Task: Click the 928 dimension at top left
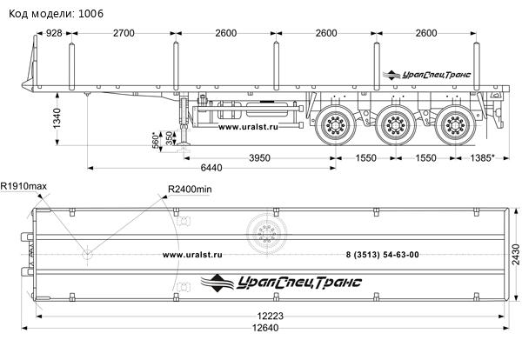click(54, 33)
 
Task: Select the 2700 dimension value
click(124, 33)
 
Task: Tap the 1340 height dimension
click(57, 118)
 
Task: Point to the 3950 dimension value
click(259, 157)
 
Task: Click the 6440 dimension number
click(211, 168)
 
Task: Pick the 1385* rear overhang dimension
click(482, 157)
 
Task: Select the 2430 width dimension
click(515, 254)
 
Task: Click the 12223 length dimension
click(270, 316)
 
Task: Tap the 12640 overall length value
click(265, 328)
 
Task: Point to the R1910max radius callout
click(23, 186)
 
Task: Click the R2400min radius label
click(190, 190)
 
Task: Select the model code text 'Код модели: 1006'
click(56, 14)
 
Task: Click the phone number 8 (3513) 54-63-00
click(383, 255)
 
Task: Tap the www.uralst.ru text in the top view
click(192, 255)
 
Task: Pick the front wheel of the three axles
click(335, 125)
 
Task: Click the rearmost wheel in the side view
click(455, 125)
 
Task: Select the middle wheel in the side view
click(396, 125)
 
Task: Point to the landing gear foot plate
click(184, 143)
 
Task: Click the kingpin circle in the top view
click(87, 255)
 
